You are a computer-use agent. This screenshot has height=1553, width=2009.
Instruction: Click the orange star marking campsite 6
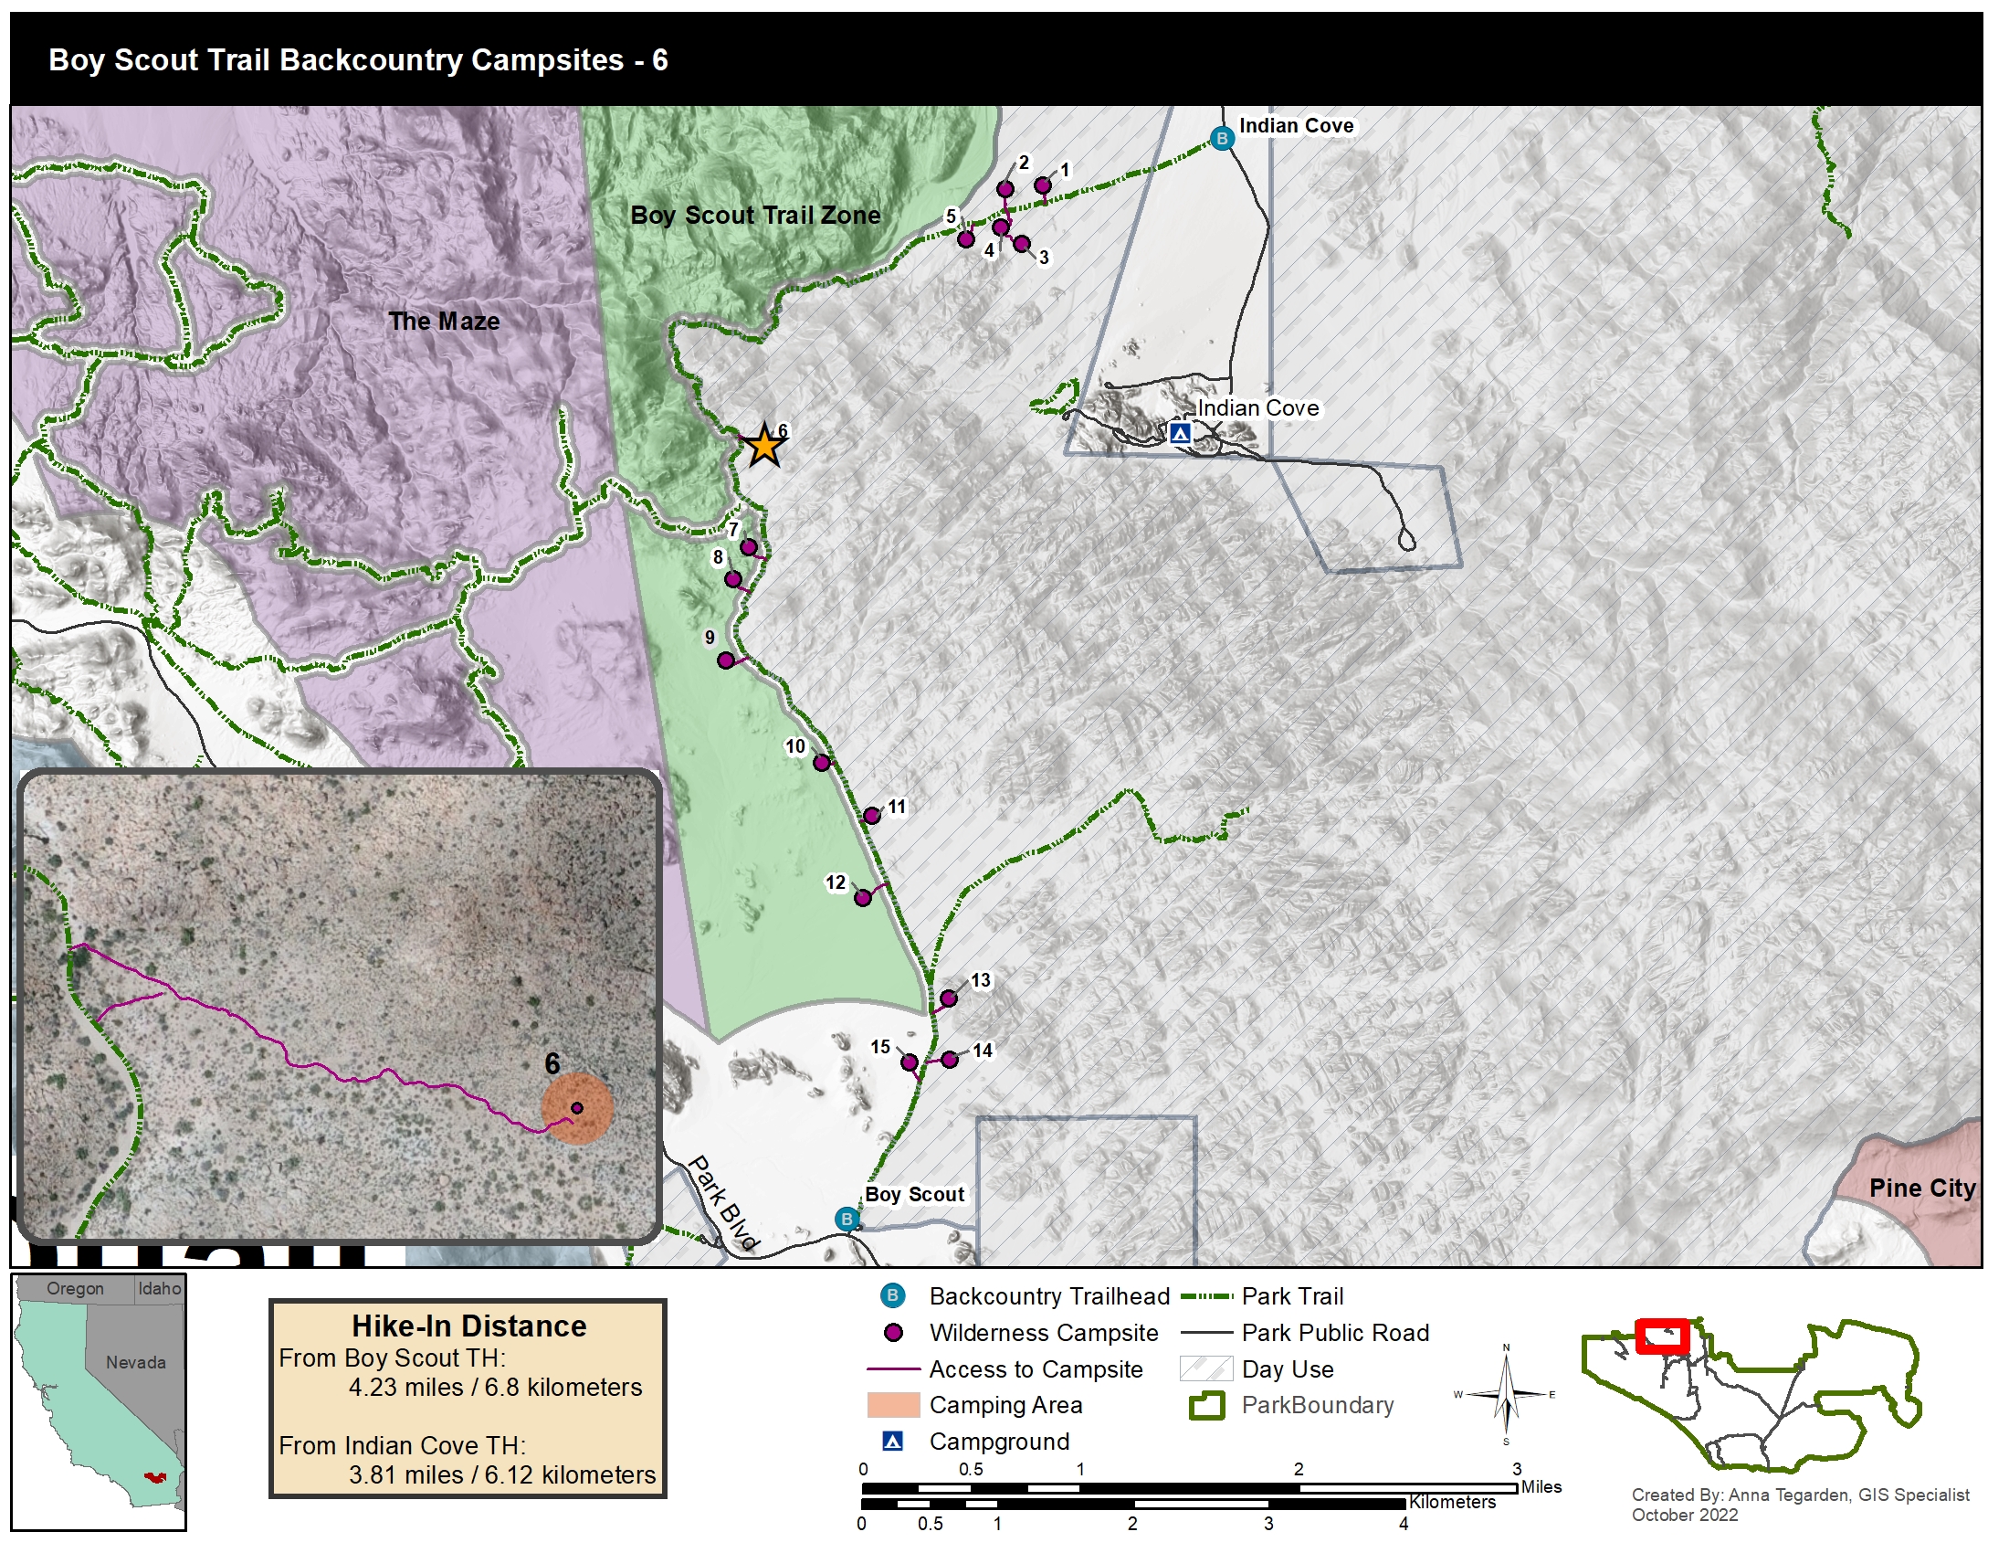[764, 447]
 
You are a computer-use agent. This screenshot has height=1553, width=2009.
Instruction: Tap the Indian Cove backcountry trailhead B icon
[1222, 139]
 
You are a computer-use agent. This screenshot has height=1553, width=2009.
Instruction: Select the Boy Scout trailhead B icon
[847, 1219]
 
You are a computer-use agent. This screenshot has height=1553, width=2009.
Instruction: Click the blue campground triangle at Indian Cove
[1180, 432]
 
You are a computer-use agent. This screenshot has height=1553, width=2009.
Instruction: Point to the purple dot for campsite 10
[822, 763]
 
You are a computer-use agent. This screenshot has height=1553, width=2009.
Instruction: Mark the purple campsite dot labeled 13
[949, 998]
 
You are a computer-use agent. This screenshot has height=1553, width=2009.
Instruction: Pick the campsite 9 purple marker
[726, 660]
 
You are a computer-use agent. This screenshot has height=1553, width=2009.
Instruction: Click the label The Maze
[444, 321]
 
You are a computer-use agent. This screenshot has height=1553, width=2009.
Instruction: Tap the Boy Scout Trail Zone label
[755, 216]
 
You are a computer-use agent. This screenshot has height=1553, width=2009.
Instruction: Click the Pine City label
[1921, 1188]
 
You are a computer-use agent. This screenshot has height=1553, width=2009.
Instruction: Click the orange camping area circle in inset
[577, 1109]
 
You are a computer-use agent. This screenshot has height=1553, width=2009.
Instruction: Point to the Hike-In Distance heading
[468, 1326]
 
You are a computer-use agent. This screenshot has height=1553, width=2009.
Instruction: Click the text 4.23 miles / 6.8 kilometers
[495, 1387]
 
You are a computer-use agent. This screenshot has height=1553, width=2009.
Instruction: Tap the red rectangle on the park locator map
[1662, 1336]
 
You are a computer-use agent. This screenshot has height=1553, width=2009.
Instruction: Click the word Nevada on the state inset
[135, 1363]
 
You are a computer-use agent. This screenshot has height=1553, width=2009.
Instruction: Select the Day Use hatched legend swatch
[1205, 1369]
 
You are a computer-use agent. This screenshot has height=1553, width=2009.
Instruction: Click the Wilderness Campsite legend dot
[892, 1332]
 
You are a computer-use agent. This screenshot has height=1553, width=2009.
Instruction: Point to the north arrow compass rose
[1506, 1395]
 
